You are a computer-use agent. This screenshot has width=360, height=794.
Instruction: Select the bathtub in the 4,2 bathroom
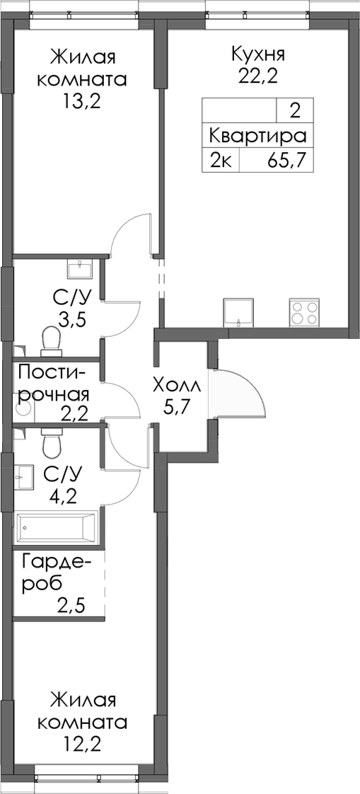55,526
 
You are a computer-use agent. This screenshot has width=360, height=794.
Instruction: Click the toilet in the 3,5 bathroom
51,340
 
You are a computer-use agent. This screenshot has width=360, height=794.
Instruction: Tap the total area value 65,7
286,161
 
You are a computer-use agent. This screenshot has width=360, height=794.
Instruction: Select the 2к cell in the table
220,161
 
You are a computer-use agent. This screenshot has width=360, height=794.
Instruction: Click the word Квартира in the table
257,137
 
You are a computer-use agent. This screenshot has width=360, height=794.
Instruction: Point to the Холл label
177,386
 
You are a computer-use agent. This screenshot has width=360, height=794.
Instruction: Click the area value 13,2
81,101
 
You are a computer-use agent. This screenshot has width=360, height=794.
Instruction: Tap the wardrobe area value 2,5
72,606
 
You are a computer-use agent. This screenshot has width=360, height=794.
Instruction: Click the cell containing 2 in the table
294,110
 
